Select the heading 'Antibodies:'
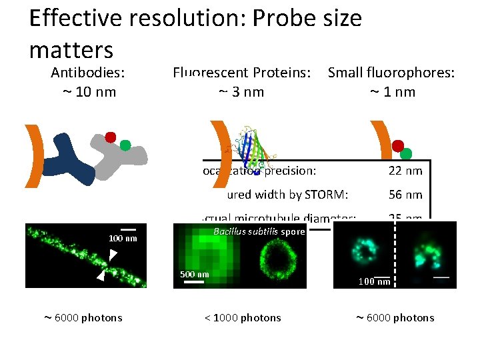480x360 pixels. pos(89,72)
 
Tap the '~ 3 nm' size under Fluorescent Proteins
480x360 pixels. pos(241,91)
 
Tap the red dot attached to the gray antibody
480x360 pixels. pos(111,137)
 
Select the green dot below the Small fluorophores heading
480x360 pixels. pos(406,154)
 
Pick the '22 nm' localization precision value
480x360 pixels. pos(405,171)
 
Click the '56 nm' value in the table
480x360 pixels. pos(405,195)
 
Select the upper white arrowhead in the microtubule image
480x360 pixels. pos(113,253)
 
